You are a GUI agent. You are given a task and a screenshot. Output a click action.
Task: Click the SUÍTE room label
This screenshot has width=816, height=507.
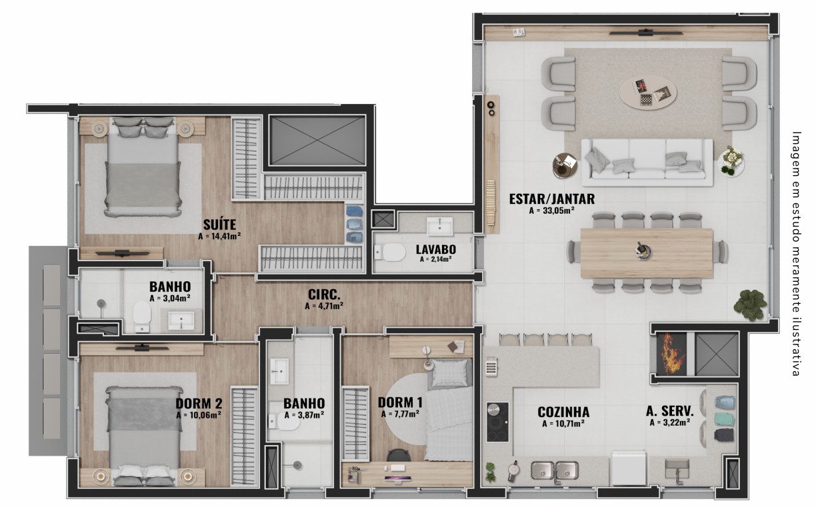[x=219, y=225]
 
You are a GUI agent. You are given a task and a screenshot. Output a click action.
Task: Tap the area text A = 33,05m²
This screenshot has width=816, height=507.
[x=552, y=211]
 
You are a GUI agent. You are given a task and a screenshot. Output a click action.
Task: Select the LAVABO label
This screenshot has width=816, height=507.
[x=436, y=249]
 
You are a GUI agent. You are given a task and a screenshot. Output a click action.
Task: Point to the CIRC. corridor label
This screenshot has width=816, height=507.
[x=324, y=294]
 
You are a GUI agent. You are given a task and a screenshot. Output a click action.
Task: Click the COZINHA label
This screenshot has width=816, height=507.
[x=563, y=412]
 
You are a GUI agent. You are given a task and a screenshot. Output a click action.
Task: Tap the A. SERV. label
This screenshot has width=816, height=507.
[x=669, y=411]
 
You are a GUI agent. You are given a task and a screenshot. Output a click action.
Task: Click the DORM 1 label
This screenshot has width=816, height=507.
[x=400, y=402]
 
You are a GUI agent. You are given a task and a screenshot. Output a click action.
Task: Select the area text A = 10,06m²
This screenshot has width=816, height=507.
[x=199, y=415]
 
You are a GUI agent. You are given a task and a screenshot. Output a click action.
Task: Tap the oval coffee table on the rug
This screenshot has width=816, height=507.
[x=648, y=93]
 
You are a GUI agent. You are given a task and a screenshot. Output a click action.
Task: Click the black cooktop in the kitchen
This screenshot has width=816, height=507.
[x=497, y=422]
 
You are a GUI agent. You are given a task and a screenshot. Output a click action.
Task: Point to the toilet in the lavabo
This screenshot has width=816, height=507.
[x=390, y=253]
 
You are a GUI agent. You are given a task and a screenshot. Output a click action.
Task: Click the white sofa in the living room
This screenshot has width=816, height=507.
[x=647, y=163]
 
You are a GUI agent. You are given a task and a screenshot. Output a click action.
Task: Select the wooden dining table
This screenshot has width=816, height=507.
[x=647, y=253]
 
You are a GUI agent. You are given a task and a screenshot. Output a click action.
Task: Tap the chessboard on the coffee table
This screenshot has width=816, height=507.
[x=645, y=99]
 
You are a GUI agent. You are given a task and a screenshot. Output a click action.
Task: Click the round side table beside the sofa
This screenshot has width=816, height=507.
[x=565, y=166]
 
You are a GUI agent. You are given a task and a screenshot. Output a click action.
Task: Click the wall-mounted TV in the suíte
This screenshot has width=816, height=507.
[x=123, y=253]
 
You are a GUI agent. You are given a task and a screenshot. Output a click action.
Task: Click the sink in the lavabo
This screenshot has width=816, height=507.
[x=440, y=227]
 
